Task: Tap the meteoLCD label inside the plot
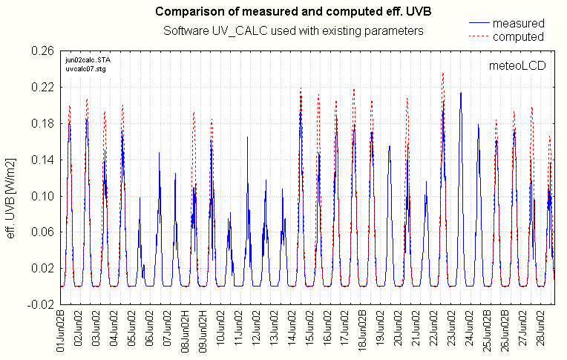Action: click(x=517, y=65)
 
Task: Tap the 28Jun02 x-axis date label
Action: click(x=543, y=333)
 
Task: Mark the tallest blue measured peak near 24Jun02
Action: click(x=461, y=94)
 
